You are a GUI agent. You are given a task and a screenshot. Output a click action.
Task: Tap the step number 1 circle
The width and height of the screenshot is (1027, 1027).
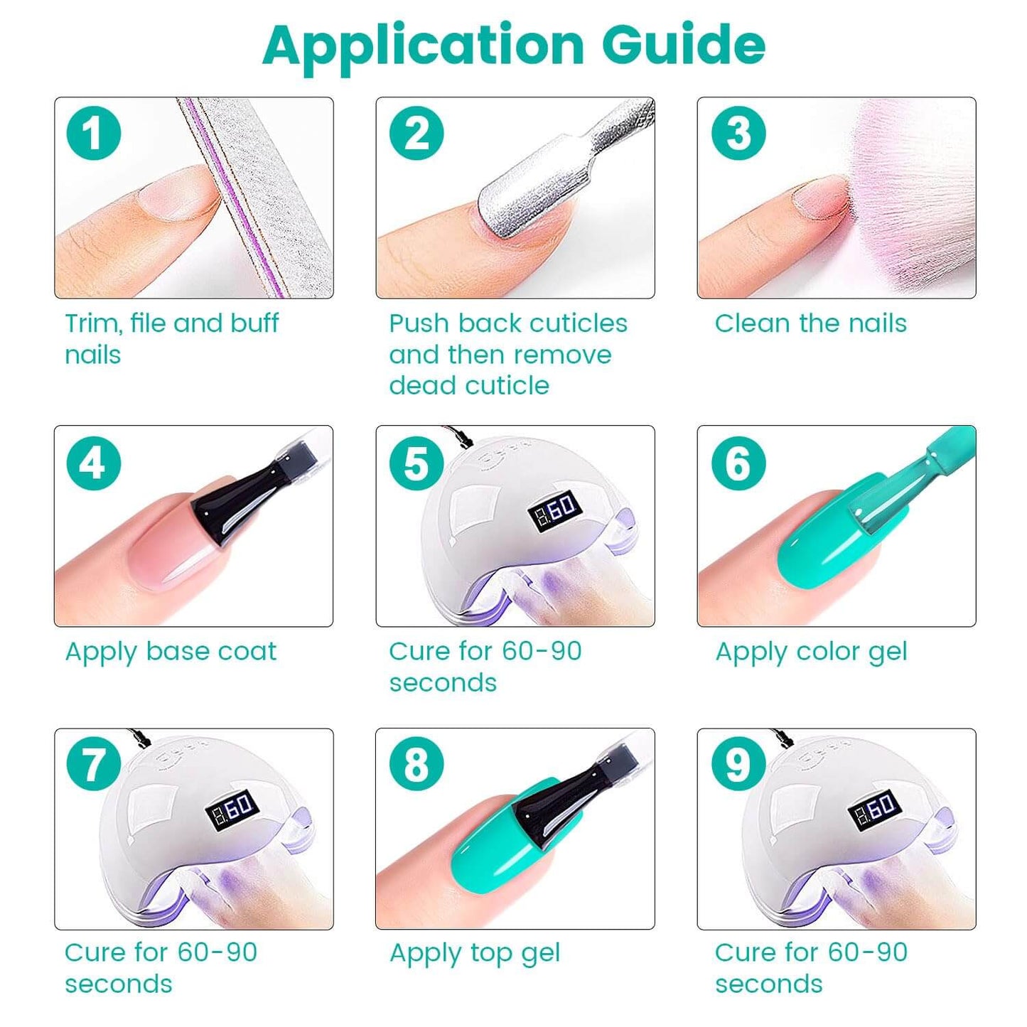[x=94, y=133]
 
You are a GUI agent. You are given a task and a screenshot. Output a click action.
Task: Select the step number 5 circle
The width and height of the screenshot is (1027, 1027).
[x=416, y=462]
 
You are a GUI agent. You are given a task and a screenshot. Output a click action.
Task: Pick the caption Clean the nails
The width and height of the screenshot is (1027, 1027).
[x=810, y=323]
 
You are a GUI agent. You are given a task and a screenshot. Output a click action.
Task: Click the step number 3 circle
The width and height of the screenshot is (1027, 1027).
[x=739, y=133]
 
